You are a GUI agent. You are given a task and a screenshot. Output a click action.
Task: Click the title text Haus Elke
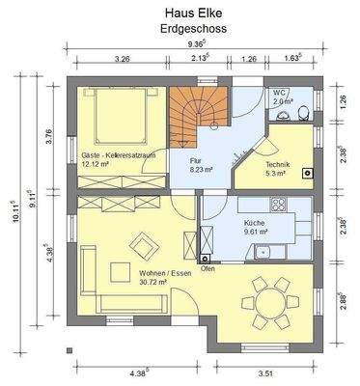tap(194, 14)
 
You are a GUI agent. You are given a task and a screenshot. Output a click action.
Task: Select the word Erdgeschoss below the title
tap(194, 28)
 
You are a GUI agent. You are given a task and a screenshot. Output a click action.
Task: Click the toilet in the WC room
tap(303, 113)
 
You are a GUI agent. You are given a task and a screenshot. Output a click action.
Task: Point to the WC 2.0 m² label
tap(283, 97)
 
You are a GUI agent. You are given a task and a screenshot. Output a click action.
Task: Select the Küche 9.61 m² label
tap(254, 227)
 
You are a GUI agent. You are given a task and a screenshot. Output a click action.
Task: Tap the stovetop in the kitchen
tap(278, 205)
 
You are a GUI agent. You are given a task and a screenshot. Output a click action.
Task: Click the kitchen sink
tap(263, 251)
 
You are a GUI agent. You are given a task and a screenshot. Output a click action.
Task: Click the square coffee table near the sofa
tap(121, 272)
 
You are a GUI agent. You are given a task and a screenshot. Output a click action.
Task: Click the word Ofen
tap(208, 269)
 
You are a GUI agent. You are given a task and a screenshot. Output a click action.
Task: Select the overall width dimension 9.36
tap(197, 44)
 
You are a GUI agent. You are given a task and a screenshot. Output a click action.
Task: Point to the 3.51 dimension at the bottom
tap(265, 373)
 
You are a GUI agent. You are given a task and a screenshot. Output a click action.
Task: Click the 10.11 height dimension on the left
tap(15, 211)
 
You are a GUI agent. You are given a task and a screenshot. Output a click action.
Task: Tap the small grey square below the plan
tap(69, 350)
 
